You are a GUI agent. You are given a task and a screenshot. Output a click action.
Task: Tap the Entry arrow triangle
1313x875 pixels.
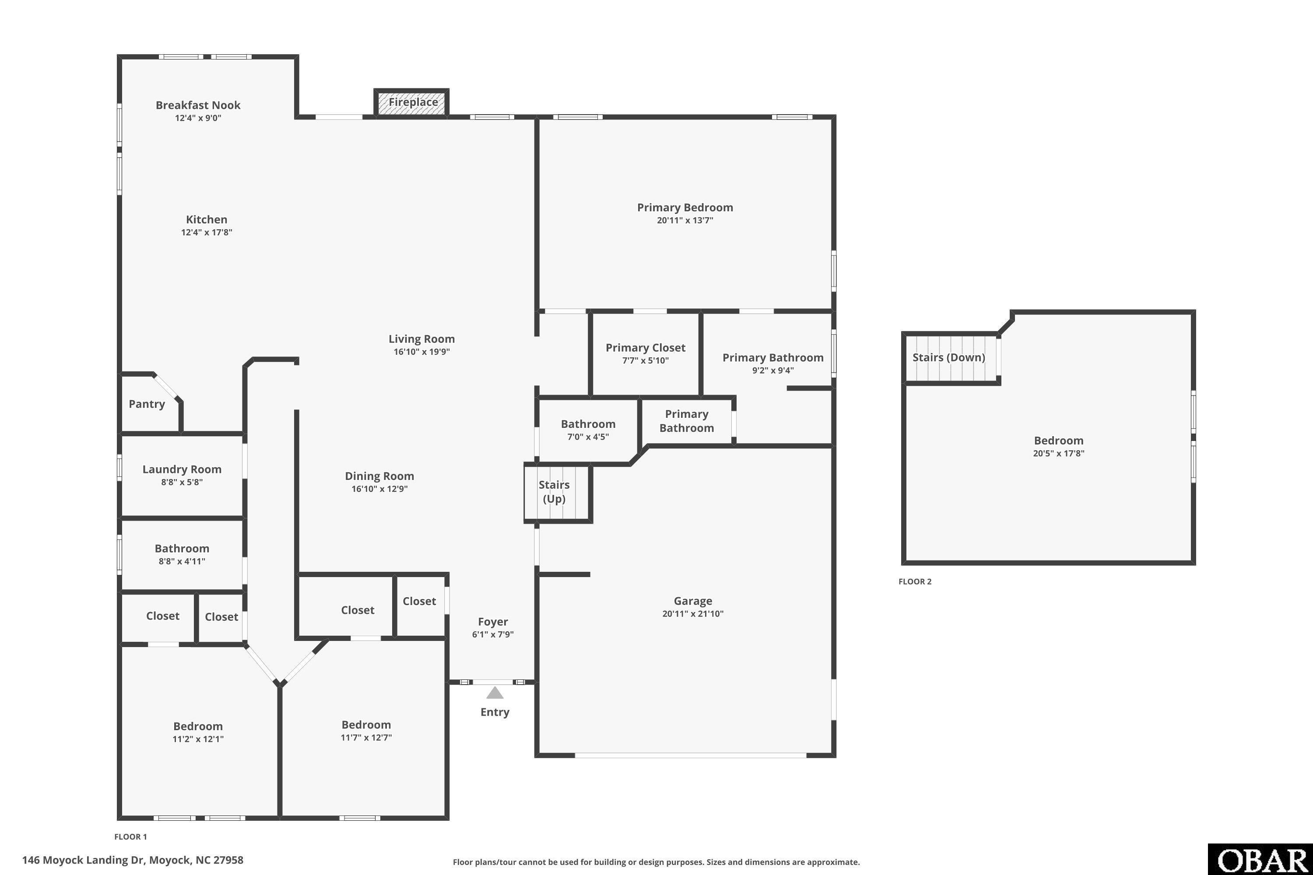495,693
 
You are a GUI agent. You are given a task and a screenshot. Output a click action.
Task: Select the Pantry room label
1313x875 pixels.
147,404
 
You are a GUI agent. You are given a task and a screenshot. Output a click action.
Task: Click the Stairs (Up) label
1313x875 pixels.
555,492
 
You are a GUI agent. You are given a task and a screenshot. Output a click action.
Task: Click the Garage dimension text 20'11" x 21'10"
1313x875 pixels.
693,614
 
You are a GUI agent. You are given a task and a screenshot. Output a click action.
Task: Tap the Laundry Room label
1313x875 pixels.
182,469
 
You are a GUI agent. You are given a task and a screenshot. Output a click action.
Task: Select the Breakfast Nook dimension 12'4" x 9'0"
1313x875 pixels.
198,118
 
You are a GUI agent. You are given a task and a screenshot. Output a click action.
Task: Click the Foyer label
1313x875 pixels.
493,622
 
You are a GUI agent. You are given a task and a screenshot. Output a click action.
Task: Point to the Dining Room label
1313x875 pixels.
379,476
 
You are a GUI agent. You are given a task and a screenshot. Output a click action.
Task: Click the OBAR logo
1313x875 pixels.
1260,859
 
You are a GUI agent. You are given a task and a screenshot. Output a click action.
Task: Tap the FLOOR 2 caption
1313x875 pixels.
915,581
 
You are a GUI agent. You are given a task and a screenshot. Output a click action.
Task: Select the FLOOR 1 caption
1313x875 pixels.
130,836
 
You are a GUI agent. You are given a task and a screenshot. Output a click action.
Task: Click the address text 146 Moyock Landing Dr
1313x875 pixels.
83,860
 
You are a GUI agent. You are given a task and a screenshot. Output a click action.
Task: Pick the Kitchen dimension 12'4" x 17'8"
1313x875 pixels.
207,232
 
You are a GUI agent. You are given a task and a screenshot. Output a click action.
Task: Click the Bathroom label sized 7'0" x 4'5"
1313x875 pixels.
588,424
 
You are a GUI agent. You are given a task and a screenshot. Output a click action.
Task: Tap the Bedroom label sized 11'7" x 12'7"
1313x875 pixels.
366,725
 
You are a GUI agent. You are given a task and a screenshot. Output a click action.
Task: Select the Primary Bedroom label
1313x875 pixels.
685,207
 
